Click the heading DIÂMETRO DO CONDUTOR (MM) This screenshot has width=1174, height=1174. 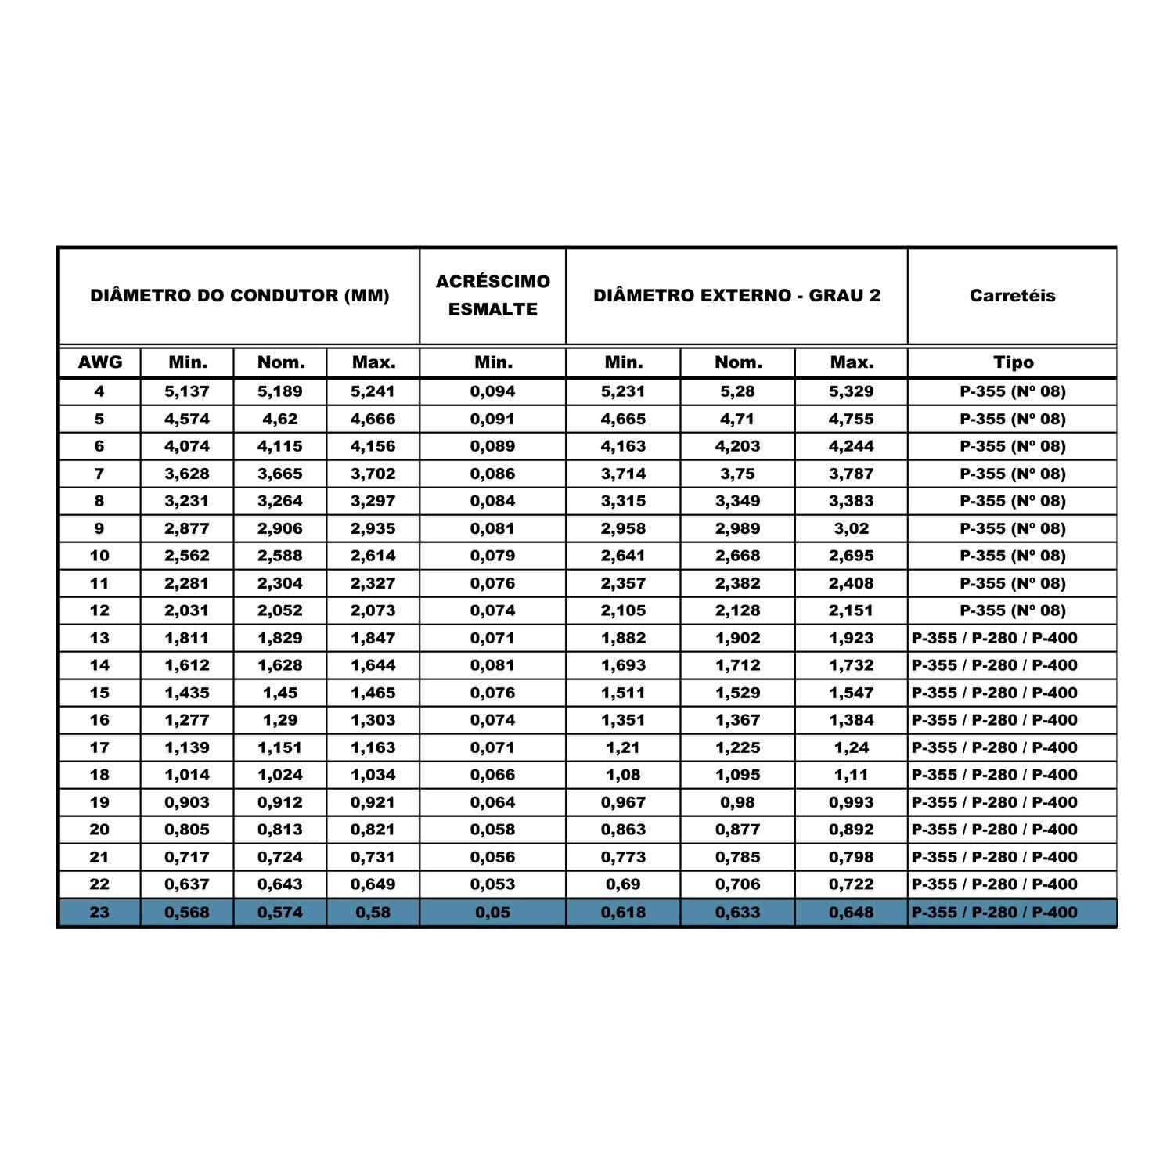click(239, 296)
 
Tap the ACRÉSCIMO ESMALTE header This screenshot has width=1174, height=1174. click(492, 295)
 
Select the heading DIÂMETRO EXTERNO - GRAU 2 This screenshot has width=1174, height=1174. click(736, 296)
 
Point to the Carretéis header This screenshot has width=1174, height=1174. click(1012, 296)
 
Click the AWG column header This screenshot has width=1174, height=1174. click(100, 362)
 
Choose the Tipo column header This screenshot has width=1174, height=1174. click(1013, 362)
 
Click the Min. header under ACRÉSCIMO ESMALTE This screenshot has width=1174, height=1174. click(493, 362)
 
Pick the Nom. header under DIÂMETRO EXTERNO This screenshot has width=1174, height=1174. click(738, 362)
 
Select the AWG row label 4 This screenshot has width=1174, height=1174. click(99, 391)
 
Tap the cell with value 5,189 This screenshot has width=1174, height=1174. click(280, 391)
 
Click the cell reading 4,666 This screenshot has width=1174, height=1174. click(373, 419)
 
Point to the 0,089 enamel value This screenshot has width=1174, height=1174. click(493, 446)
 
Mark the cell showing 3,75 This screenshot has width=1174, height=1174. click(738, 474)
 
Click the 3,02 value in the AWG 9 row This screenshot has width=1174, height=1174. click(852, 528)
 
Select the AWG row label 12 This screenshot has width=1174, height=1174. click(99, 610)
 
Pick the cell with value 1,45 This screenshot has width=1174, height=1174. click(280, 693)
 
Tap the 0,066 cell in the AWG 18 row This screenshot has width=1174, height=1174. click(493, 775)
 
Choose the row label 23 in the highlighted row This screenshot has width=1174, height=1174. click(99, 913)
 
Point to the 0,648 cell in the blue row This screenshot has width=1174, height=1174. click(852, 913)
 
